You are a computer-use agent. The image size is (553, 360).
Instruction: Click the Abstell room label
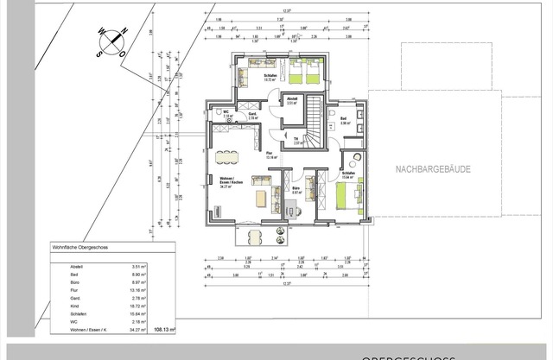pyautogui.click(x=293, y=99)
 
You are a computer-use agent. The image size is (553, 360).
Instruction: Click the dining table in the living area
pyautogui.click(x=228, y=156)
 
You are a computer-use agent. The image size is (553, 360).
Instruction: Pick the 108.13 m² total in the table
pyautogui.click(x=164, y=329)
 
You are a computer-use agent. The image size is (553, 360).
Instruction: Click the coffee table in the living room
pyautogui.click(x=259, y=199)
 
